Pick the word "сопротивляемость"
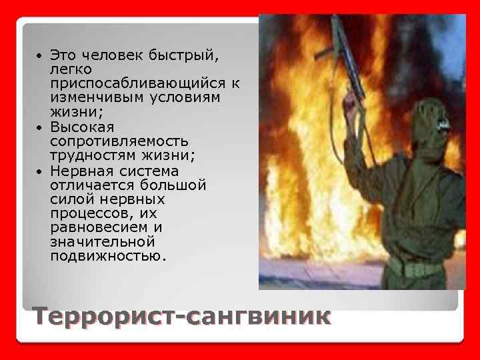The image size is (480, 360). point(119,141)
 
